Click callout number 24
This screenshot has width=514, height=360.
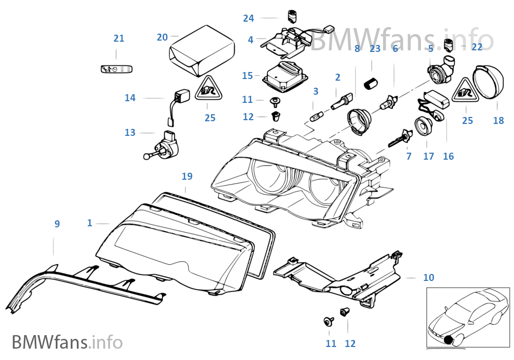248,18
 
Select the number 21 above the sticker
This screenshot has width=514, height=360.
118,38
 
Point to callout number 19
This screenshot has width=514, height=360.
187,176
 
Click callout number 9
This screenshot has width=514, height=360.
57,224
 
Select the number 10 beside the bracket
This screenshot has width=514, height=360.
429,278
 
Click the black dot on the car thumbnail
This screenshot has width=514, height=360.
448,340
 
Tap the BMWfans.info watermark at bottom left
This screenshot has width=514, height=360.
67,342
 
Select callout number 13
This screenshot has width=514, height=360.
130,133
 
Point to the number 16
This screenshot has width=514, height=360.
448,156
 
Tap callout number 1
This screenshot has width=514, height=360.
90,223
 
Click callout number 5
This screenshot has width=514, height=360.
431,48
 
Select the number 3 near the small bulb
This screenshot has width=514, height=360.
316,91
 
